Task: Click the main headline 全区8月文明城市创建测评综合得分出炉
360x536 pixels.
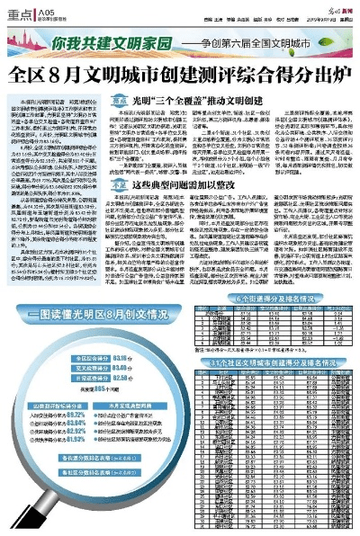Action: pos(179,72)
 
